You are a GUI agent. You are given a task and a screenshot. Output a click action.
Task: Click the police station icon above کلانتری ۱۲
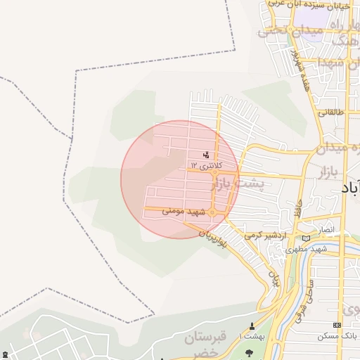(x=206, y=155)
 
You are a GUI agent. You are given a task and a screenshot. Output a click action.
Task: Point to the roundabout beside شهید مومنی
(x=212, y=212)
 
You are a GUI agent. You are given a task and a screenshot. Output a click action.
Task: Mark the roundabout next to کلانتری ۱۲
(x=216, y=172)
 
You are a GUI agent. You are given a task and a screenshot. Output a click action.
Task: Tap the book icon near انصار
(x=306, y=238)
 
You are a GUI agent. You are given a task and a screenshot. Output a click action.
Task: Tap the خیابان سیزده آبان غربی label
(x=314, y=6)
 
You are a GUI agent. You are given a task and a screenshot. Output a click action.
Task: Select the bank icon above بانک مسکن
(x=337, y=325)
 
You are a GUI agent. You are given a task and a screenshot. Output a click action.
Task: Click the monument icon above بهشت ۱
(x=253, y=326)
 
